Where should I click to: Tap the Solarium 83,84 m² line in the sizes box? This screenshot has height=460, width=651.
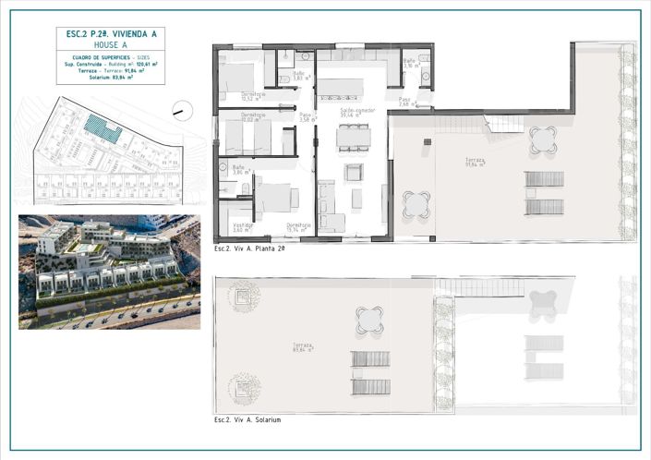pyautogui.click(x=110, y=78)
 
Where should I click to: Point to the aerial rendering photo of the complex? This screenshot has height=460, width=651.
pyautogui.click(x=109, y=272)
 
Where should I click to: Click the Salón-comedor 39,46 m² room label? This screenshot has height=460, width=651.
pyautogui.click(x=356, y=112)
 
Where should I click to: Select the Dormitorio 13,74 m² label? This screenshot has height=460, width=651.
pyautogui.click(x=298, y=226)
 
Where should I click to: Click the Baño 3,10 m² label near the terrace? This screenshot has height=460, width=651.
pyautogui.click(x=409, y=64)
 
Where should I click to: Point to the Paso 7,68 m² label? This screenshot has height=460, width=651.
pyautogui.click(x=405, y=102)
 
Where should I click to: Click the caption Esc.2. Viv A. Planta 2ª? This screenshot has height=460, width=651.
pyautogui.click(x=249, y=249)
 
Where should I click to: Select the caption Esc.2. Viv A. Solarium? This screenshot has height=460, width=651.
pyautogui.click(x=247, y=420)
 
